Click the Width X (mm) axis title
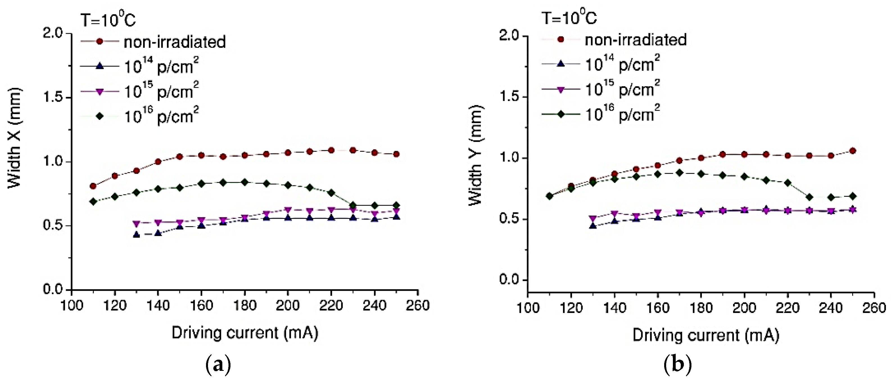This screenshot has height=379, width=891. [15, 138]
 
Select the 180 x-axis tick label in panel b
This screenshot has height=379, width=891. [701, 307]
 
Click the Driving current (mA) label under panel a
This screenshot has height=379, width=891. [245, 333]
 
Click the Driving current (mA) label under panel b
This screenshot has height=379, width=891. [705, 335]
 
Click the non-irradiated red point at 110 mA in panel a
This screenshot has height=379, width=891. [93, 186]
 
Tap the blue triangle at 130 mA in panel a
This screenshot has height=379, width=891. [136, 235]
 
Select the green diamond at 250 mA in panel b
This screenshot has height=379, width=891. [852, 196]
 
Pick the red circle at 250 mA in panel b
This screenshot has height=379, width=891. [852, 151]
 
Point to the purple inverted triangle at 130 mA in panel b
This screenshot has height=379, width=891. [593, 219]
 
